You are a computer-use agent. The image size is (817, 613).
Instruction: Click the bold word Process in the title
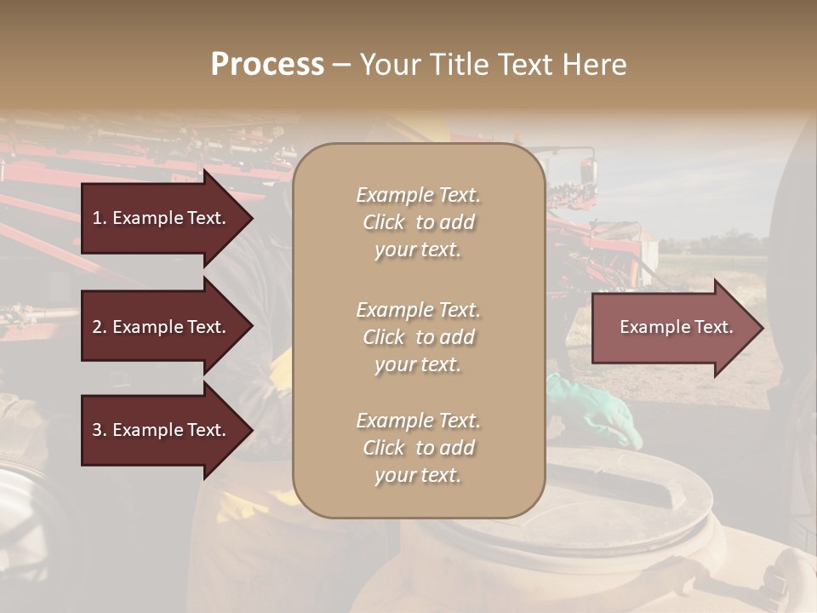point(267,65)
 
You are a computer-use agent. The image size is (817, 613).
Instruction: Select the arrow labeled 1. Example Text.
point(159,218)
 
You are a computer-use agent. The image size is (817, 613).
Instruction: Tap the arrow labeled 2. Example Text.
point(159,327)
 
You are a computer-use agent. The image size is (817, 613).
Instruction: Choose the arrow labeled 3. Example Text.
point(159,430)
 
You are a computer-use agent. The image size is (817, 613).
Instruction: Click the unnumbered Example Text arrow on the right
point(677,327)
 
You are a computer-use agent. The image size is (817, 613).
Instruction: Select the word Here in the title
point(595,65)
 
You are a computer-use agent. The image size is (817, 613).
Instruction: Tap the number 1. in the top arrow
point(100,218)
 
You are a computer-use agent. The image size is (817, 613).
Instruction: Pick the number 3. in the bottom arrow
point(100,430)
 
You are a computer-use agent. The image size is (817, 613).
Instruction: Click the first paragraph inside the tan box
point(418,222)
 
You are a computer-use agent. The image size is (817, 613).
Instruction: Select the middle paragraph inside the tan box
point(418,337)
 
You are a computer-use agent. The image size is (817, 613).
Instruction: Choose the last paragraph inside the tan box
point(418,448)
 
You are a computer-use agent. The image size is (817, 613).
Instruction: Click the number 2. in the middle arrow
point(100,327)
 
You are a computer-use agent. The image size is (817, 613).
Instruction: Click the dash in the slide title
point(342,65)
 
